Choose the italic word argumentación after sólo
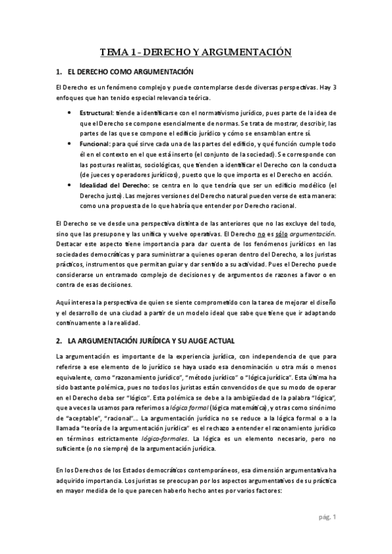[x=315, y=233]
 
